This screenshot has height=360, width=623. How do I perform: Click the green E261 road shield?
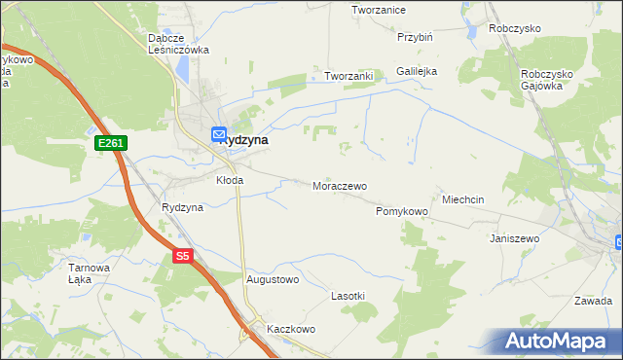click(x=110, y=144)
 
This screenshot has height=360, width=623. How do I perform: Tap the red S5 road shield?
click(x=183, y=257)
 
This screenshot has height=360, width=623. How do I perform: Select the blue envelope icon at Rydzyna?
click(x=220, y=134)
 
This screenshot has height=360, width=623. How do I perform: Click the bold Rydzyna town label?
click(x=245, y=140)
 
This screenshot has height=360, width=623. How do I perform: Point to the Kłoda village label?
click(x=230, y=180)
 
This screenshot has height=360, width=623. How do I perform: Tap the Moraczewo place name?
click(x=339, y=185)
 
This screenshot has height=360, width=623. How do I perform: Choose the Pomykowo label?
click(x=402, y=211)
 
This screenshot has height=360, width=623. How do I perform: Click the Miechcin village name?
click(x=463, y=198)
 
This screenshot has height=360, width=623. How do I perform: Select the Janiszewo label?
click(x=515, y=237)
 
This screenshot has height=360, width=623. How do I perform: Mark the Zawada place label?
click(x=593, y=301)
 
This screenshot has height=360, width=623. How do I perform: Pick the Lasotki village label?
click(x=348, y=295)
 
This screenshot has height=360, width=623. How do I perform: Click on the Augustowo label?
click(x=273, y=279)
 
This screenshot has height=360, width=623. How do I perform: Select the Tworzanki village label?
click(x=349, y=76)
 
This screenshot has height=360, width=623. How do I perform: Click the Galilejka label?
click(x=417, y=71)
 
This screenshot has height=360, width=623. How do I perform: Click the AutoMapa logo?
click(x=559, y=342)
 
